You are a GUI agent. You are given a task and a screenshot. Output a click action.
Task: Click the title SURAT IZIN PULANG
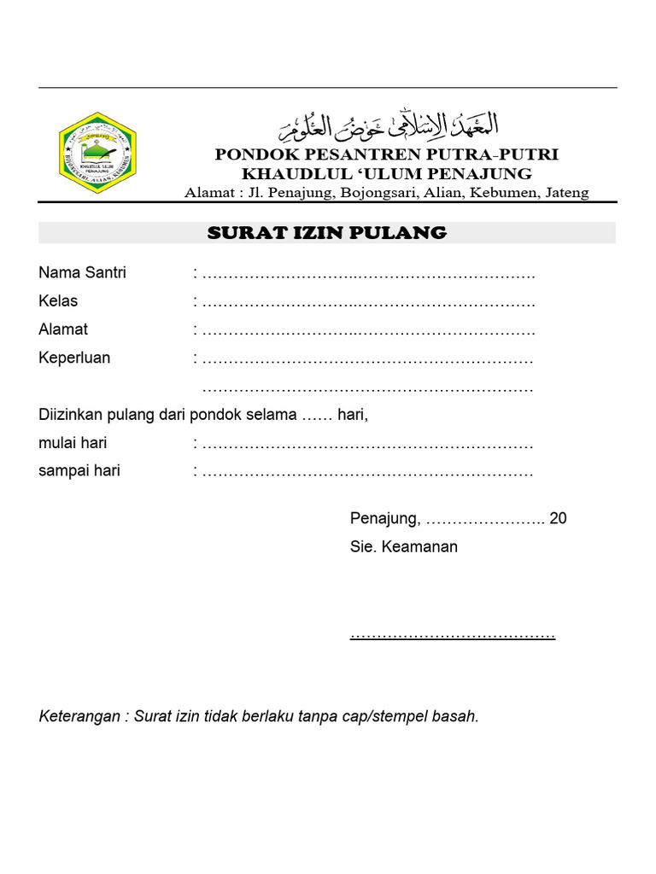(x=327, y=233)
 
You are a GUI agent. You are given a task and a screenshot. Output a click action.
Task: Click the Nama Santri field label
(x=82, y=273)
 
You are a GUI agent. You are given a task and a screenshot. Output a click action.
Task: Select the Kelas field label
(x=58, y=301)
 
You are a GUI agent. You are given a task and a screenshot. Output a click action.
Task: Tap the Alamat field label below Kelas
(x=63, y=329)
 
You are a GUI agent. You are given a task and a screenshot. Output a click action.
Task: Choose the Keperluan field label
(x=74, y=358)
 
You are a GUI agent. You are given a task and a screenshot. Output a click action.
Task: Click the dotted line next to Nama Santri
(x=369, y=275)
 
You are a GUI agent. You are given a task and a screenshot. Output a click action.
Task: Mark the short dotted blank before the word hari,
(x=317, y=417)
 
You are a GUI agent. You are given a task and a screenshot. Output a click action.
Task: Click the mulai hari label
(x=73, y=443)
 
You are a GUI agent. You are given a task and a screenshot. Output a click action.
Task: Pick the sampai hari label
(x=79, y=471)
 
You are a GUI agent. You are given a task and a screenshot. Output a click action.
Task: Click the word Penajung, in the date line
(x=385, y=519)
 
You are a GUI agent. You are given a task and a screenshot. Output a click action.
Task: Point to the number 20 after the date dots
(x=559, y=518)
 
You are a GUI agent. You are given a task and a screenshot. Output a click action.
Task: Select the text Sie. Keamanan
(x=404, y=547)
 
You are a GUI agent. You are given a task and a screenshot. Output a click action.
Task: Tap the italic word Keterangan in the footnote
(x=79, y=717)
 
